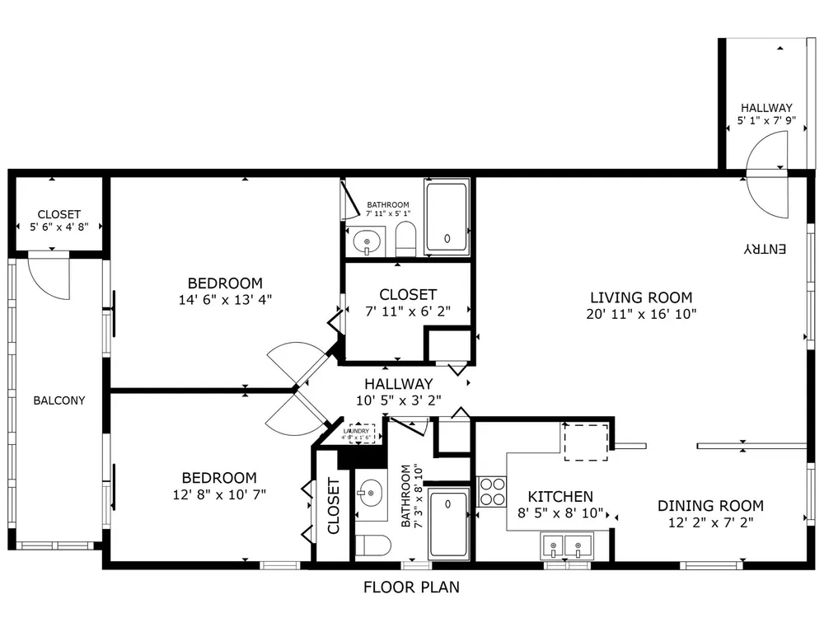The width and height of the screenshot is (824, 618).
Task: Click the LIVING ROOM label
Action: coord(641,297)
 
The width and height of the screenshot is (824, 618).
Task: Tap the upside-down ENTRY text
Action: coord(765,249)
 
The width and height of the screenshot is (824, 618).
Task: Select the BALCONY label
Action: coord(59,400)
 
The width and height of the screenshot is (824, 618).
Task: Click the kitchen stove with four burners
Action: coord(492,491)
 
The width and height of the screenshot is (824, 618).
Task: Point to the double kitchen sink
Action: coord(567,546)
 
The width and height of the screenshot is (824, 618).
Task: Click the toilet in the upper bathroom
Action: coord(405,239)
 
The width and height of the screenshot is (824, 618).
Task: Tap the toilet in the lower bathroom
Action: coord(372,545)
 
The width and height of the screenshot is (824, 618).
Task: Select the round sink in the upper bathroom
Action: coord(367,242)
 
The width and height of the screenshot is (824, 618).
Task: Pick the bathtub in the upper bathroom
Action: coord(447,217)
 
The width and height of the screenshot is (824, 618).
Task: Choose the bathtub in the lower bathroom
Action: coord(448,524)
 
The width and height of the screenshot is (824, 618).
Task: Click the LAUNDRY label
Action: coord(356,431)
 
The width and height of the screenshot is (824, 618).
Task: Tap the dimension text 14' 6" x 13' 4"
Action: coord(225,300)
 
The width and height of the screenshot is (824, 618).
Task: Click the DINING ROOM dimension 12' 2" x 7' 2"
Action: coord(710,522)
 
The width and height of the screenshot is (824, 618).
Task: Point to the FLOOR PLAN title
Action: coord(411,587)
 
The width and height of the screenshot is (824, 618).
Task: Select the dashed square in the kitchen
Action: coord(586,442)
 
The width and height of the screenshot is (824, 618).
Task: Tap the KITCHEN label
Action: coord(560,497)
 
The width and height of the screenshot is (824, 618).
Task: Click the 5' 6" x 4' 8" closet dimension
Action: coord(59,227)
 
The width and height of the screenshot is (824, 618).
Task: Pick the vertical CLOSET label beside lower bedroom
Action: coord(333,506)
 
